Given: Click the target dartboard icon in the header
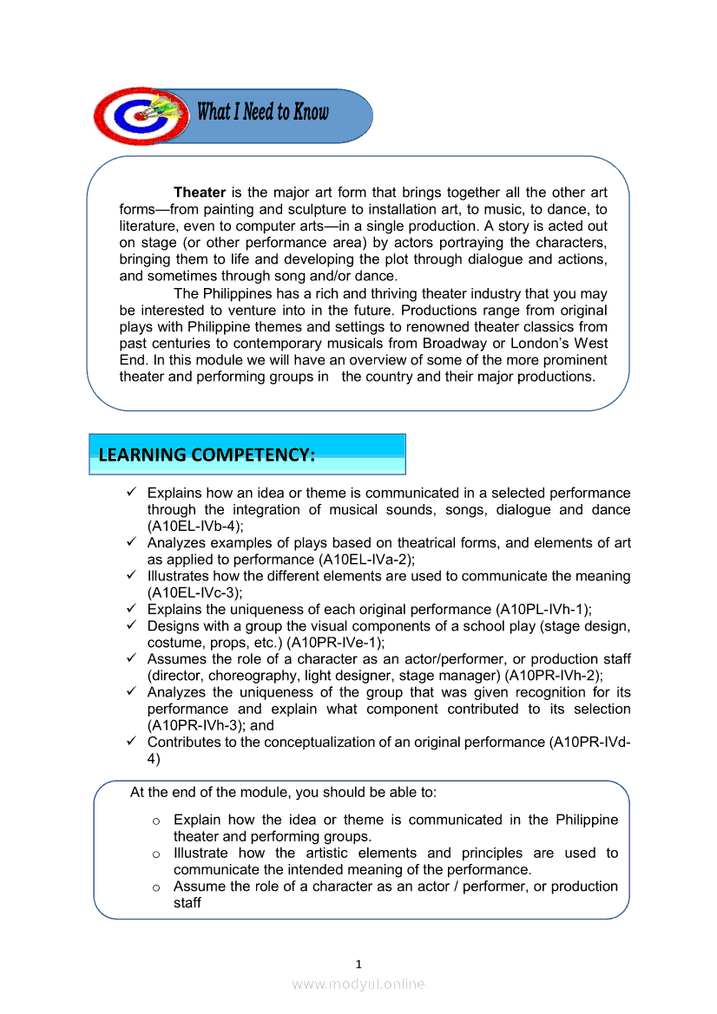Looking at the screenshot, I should [x=139, y=115].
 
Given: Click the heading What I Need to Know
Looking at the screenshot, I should [x=263, y=112].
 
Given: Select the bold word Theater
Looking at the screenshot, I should [x=200, y=193].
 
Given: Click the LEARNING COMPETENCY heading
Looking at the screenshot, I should [x=207, y=455].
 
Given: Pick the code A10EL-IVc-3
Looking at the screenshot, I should [x=194, y=592].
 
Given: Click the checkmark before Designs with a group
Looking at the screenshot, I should [x=130, y=625].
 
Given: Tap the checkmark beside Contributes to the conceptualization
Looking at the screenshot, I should [x=130, y=743].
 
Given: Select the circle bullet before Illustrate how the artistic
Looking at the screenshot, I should [x=156, y=854].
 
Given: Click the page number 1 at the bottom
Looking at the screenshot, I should [x=358, y=964].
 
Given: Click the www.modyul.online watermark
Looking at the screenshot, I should [x=358, y=984].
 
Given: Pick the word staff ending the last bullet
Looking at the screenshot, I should [x=187, y=903].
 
